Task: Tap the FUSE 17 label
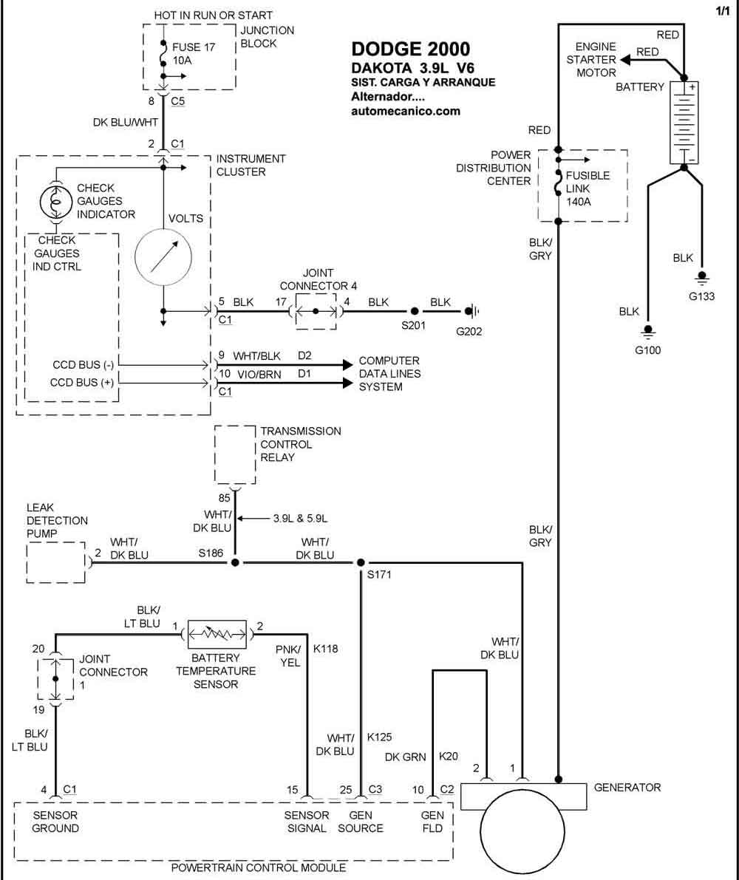pos(194,47)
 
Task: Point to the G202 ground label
pos(469,331)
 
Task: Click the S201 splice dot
pos(414,310)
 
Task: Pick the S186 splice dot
pos(235,562)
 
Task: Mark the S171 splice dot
pos(361,562)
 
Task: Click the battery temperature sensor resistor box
pos(217,635)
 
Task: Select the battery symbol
pos(684,123)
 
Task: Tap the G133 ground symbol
pos(702,279)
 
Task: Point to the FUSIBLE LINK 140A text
pos(588,188)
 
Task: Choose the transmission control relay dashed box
pos(235,454)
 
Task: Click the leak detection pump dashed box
pos(55,562)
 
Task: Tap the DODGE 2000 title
pos(411,49)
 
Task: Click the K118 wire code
pos(325,649)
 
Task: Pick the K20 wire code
pos(449,756)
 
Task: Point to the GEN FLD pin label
pos(432,822)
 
